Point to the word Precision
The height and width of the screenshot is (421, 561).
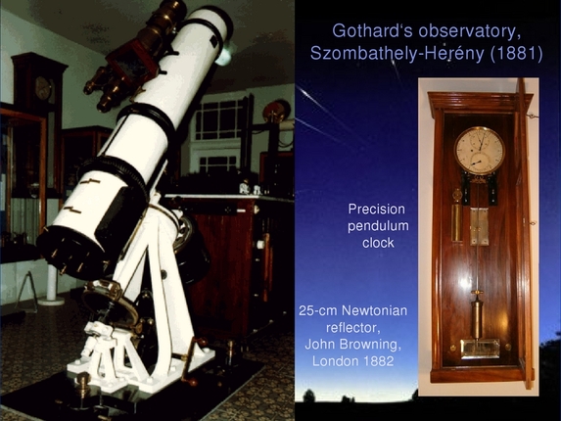point(376,209)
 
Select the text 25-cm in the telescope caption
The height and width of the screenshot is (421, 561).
point(320,310)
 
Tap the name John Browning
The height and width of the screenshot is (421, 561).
point(352,344)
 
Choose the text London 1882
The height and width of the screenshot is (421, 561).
point(352,360)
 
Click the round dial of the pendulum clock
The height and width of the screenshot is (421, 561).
point(479,151)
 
